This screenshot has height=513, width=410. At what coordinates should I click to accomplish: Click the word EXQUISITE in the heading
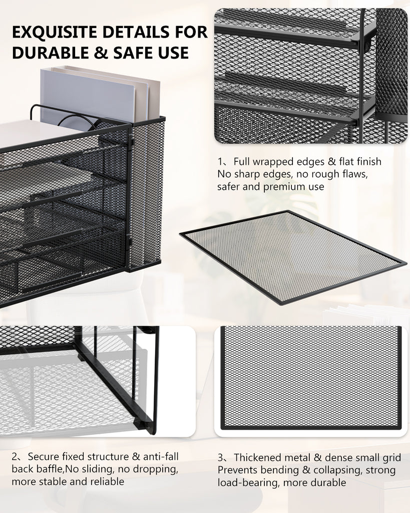[x=55, y=32]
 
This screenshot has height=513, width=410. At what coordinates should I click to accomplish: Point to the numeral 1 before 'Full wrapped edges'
[x=220, y=162]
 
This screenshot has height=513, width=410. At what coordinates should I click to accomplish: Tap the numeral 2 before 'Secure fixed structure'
[x=15, y=456]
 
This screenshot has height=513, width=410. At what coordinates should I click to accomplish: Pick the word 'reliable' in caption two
[x=107, y=481]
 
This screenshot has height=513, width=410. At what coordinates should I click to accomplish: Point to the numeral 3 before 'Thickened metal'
[x=221, y=457]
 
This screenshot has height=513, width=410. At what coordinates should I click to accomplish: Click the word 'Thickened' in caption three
[x=257, y=457]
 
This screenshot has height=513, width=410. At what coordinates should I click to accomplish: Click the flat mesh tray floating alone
[x=293, y=257]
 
